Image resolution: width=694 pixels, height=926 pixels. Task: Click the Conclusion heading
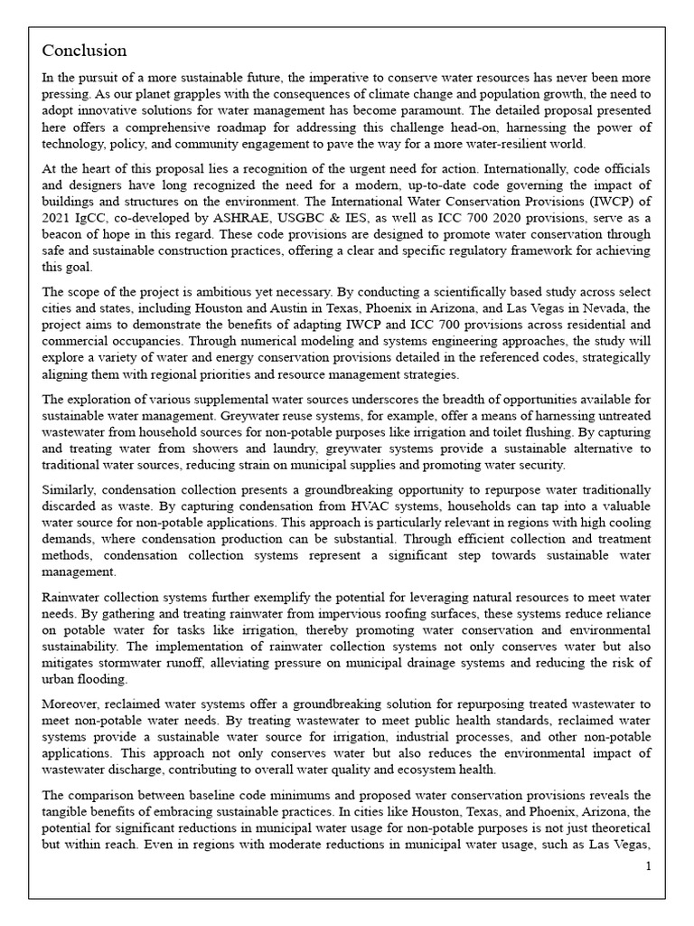coord(85,51)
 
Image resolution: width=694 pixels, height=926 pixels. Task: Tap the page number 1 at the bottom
coord(648,866)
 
